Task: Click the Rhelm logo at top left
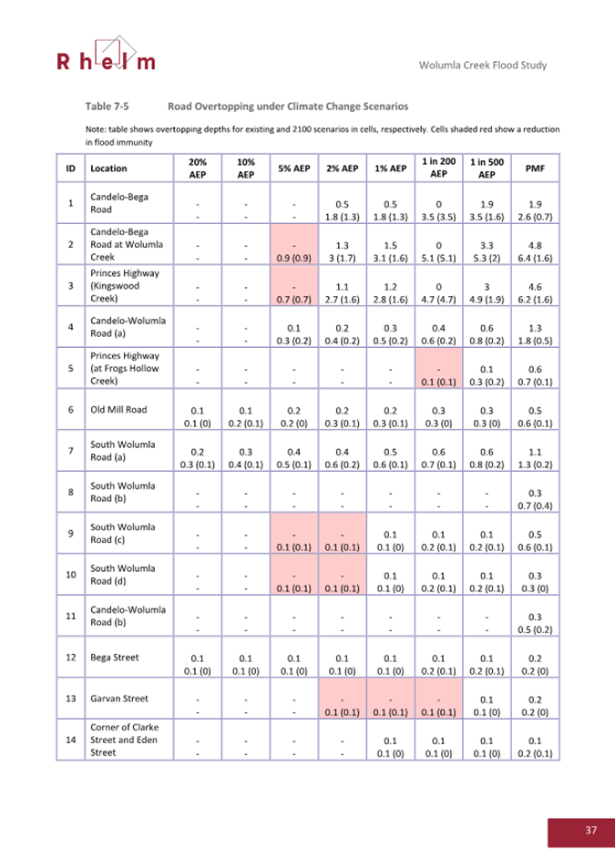tap(106, 56)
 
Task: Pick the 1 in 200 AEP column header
tap(438, 168)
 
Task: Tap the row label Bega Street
tap(112, 656)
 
